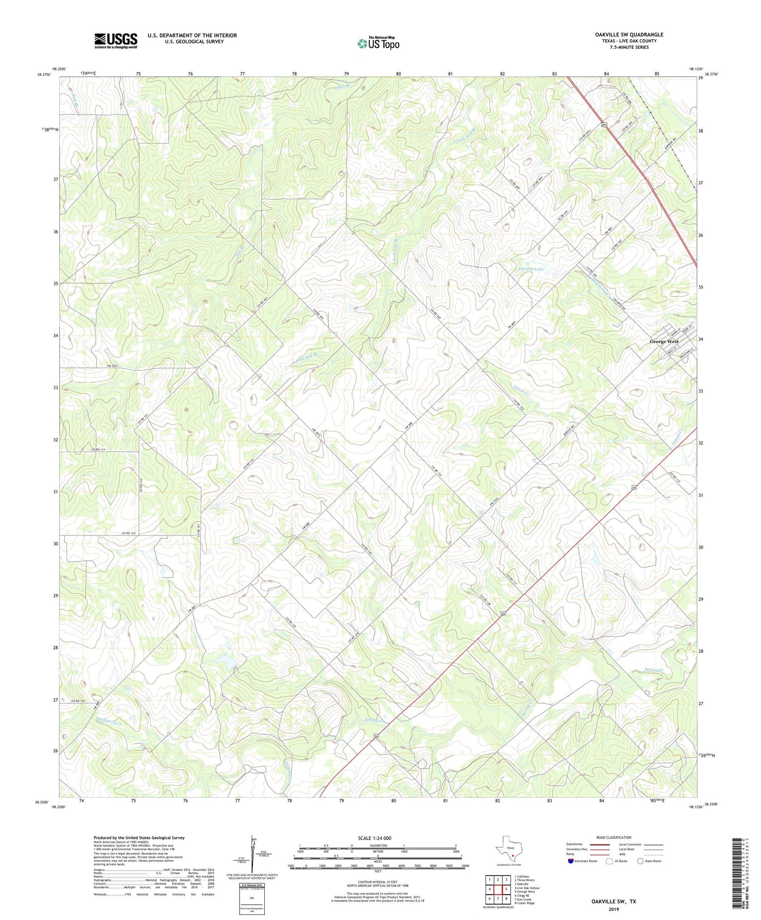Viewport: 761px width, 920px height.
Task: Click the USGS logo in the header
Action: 116,41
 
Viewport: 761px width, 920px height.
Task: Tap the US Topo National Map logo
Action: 378,43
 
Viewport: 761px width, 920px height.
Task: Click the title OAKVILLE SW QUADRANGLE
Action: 629,35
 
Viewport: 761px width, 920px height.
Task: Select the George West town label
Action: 664,342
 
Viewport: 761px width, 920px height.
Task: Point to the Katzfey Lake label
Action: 531,269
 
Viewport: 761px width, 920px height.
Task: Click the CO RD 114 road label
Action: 101,450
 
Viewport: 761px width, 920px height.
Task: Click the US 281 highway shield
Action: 604,124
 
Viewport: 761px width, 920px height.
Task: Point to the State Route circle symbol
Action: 640,861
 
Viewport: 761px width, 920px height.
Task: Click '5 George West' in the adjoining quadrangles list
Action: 525,891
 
